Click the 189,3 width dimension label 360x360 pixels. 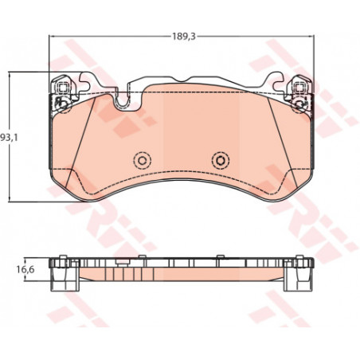pos(184,37)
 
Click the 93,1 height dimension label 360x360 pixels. pos(9,137)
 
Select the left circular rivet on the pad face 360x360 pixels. pos(143,160)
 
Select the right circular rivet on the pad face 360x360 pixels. pos(221,160)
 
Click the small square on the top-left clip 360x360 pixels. pos(63,87)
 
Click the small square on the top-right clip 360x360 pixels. pos(299,87)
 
